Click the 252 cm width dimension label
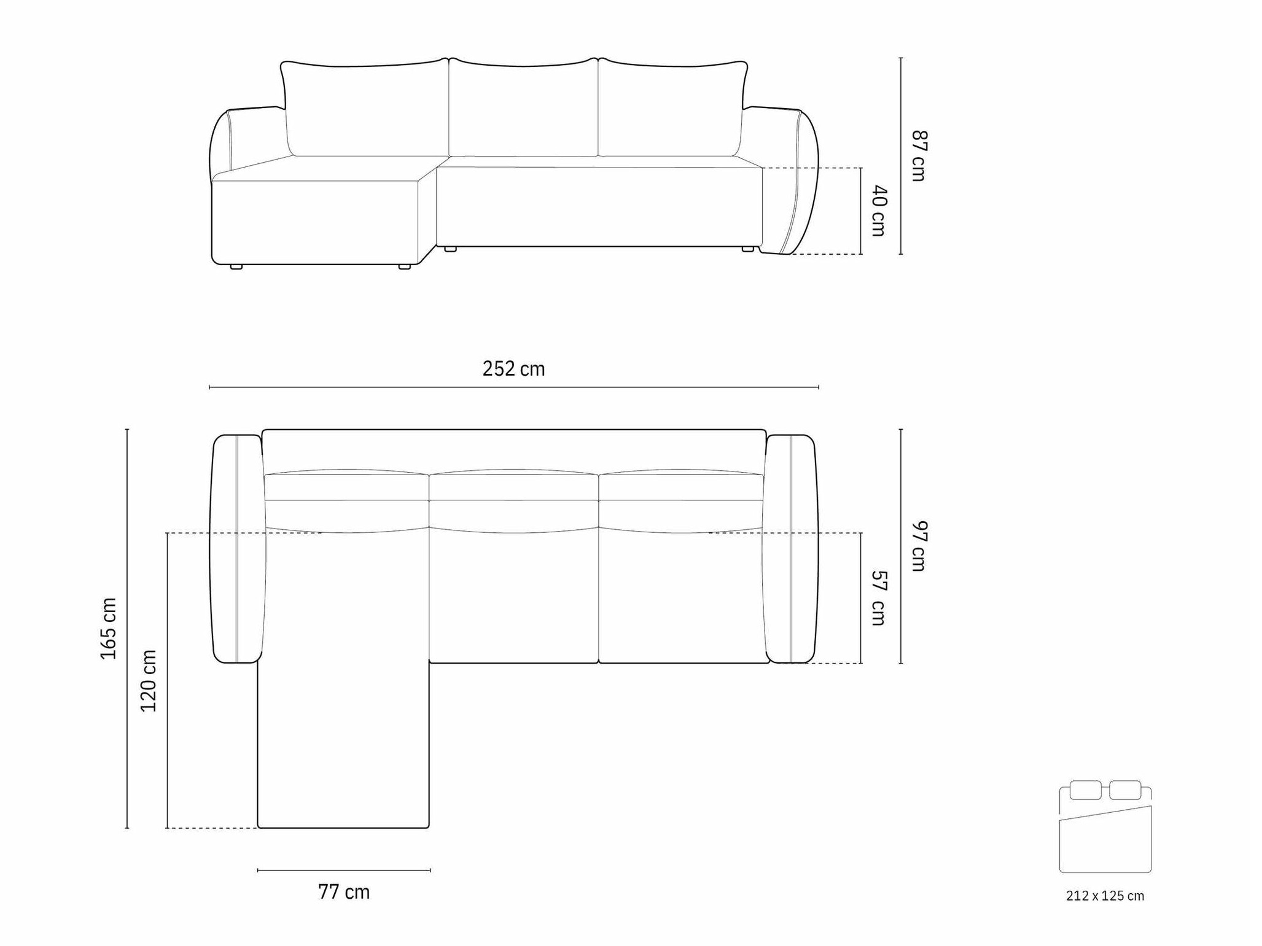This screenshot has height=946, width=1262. (513, 368)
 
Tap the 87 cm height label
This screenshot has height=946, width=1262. (919, 155)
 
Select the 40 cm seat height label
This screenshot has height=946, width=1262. (879, 211)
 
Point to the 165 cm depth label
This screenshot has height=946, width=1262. (108, 629)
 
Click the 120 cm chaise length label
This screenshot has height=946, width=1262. (149, 681)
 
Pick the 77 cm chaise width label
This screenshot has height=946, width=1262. (344, 892)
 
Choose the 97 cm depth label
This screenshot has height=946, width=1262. (919, 546)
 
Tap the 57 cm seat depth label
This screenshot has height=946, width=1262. (879, 598)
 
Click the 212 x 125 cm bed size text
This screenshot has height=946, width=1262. (1105, 896)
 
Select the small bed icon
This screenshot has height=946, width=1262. (1105, 826)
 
